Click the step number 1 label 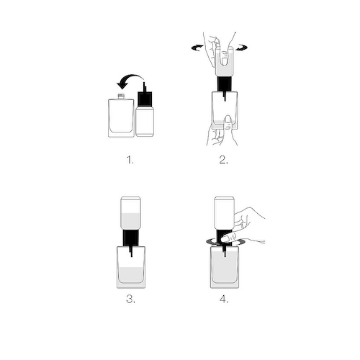pyautogui.click(x=130, y=160)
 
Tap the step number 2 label pyautogui.click(x=224, y=160)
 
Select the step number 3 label pyautogui.click(x=130, y=300)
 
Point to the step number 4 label pyautogui.click(x=224, y=300)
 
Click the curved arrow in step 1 pyautogui.click(x=131, y=77)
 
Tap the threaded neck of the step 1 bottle pyautogui.click(x=121, y=96)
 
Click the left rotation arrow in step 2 pyautogui.click(x=197, y=48)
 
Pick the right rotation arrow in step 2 pyautogui.click(x=241, y=48)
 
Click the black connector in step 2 pyautogui.click(x=225, y=84)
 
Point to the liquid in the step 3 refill pyautogui.click(x=130, y=221)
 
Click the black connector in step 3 pyautogui.click(x=131, y=238)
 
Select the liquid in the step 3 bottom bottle pyautogui.click(x=131, y=275)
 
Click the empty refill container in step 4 pyautogui.click(x=224, y=212)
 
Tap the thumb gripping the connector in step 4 pyautogui.click(x=229, y=238)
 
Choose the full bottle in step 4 pyautogui.click(x=225, y=267)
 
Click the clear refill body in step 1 pyautogui.click(x=145, y=122)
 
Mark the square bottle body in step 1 pyautogui.click(x=121, y=118)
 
